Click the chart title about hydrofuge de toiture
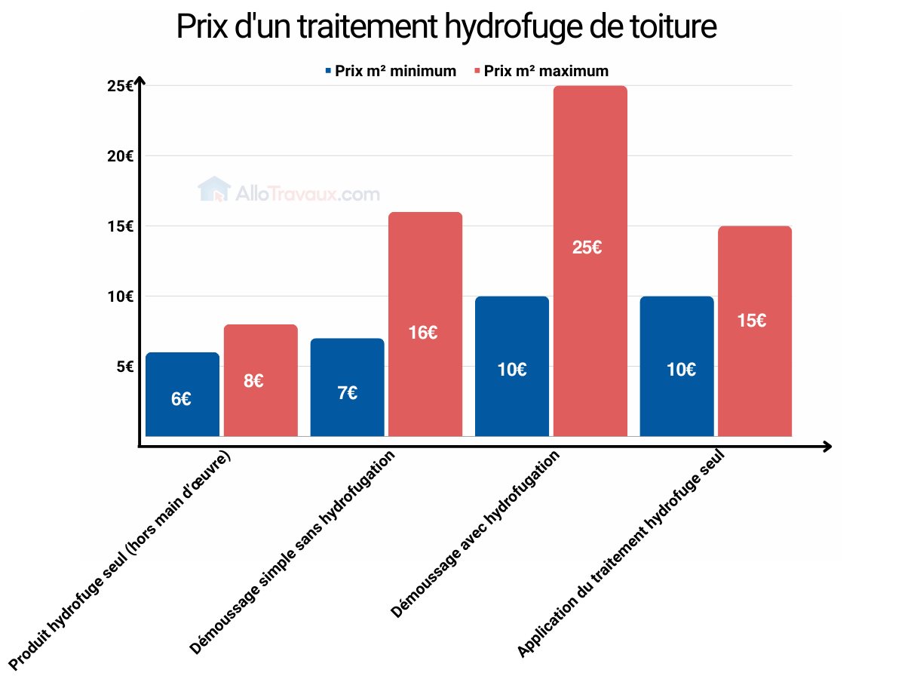pos(446,28)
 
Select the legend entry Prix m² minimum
pos(391,71)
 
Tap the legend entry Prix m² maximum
pos(541,71)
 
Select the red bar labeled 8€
pos(260,380)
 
